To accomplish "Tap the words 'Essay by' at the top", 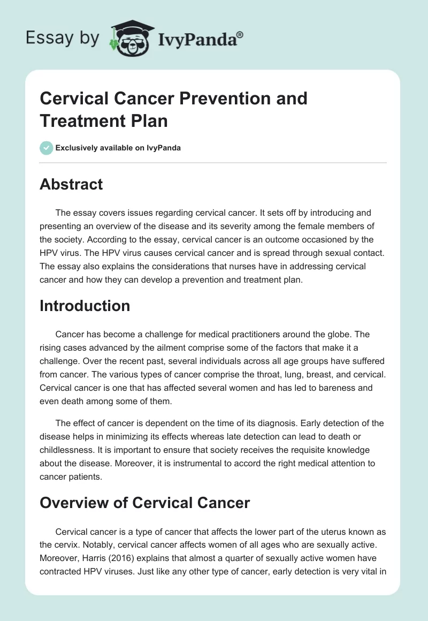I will tap(63, 39).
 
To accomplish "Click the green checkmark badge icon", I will tap(47, 148).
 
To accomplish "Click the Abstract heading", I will tap(71, 184).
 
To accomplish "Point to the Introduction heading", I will tap(85, 306).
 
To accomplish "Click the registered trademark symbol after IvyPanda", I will tap(240, 34).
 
